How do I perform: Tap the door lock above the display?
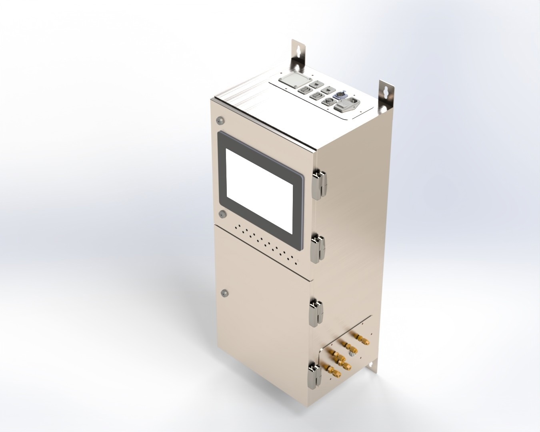(x=219, y=120)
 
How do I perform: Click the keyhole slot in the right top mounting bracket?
(x=386, y=91)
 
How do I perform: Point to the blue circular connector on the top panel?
(x=340, y=94)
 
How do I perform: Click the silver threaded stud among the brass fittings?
(x=352, y=354)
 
